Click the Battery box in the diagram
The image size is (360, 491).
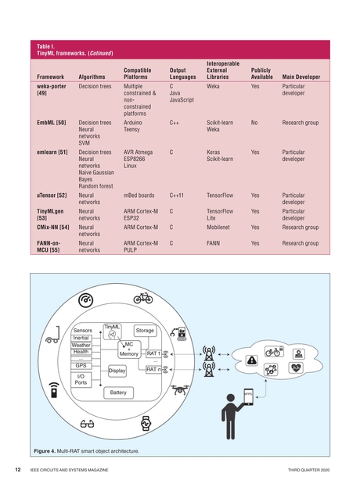coord(118,392)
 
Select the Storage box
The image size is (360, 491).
coord(145,331)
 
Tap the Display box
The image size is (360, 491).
coord(117,371)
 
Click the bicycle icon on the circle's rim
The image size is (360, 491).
coord(142,298)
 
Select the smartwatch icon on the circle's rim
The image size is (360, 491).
coord(144,425)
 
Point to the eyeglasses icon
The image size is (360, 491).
coord(87,423)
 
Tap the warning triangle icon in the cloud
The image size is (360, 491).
coord(252,360)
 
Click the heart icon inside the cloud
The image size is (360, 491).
coord(296,367)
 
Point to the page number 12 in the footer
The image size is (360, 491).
coord(17,470)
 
